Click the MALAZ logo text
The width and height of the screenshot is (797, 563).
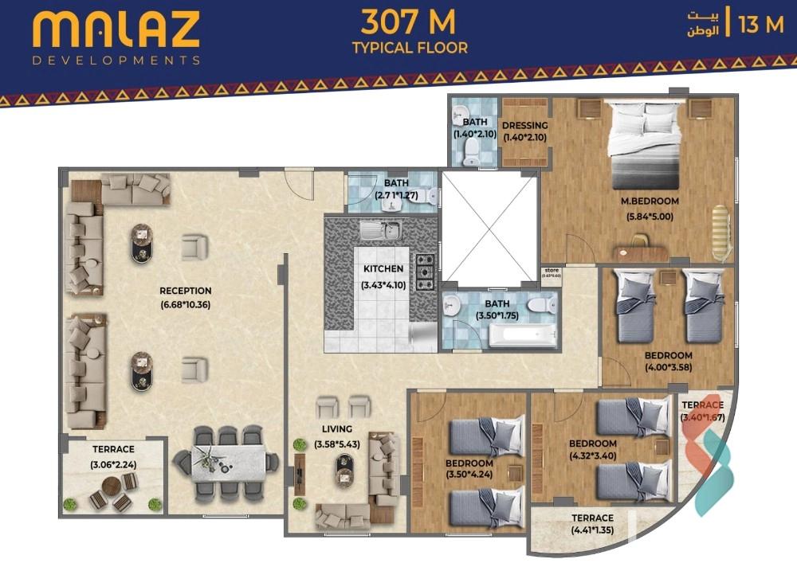tap(116, 29)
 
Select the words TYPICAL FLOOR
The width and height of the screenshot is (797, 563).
tap(410, 48)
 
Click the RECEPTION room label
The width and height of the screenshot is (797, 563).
tap(185, 291)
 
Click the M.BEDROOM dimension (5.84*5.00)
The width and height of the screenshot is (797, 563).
tap(650, 216)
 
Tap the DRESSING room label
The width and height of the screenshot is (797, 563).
tap(524, 125)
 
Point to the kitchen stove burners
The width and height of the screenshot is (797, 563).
tap(425, 271)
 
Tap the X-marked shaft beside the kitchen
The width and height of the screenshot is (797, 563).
tap(489, 226)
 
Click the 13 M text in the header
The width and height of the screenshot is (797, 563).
tap(761, 25)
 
